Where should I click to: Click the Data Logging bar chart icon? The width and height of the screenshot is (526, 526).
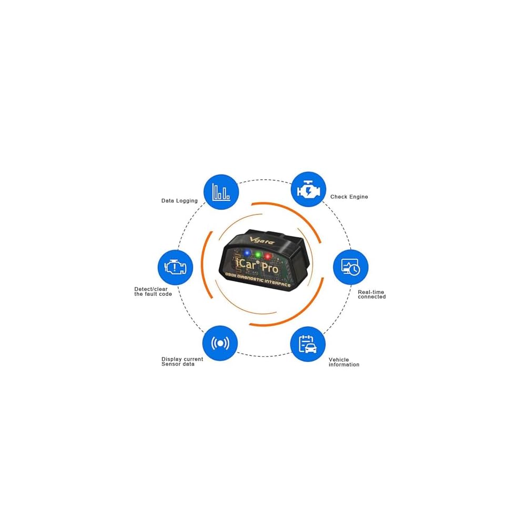(x=220, y=191)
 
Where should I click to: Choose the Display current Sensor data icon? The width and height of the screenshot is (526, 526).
(x=220, y=343)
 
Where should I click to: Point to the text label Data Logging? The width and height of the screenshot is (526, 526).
(x=179, y=200)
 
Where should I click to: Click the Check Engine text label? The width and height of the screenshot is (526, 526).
(x=349, y=197)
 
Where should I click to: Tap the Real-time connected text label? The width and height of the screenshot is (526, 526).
(x=372, y=294)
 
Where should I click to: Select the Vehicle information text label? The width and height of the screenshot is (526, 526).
(x=344, y=362)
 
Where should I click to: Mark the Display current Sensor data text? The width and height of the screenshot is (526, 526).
(x=182, y=361)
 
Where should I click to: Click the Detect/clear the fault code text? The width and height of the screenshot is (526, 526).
(x=153, y=291)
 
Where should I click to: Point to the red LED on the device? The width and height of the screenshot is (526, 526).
(x=268, y=257)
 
